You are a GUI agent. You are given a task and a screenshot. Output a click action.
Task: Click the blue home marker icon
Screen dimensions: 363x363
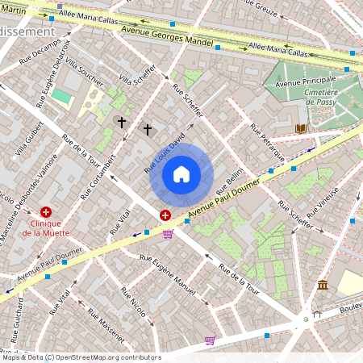pyautogui.click(x=181, y=174)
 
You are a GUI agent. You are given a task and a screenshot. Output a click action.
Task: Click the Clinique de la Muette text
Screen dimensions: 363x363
pyautogui.click(x=45, y=227)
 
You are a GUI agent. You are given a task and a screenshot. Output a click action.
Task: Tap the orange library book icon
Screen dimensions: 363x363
pyautogui.click(x=301, y=128)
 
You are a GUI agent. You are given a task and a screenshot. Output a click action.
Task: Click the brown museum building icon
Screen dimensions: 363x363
pyautogui.click(x=323, y=285)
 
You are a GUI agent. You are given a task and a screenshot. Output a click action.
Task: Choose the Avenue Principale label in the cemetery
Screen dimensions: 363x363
pyautogui.click(x=305, y=83)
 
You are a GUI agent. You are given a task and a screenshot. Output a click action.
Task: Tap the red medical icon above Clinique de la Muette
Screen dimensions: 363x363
pyautogui.click(x=45, y=211)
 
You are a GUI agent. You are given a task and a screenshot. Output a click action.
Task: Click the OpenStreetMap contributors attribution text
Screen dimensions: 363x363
pyautogui.click(x=81, y=357)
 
